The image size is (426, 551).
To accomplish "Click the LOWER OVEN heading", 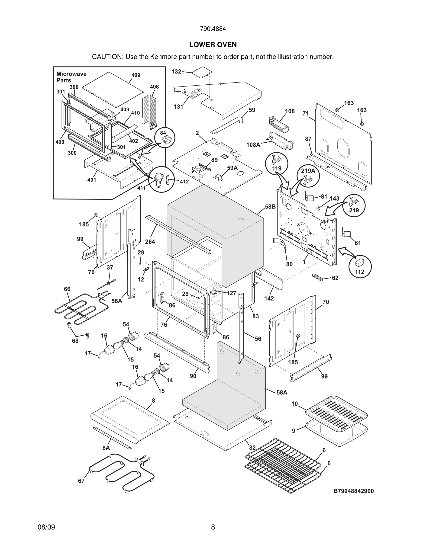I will coord(213,45).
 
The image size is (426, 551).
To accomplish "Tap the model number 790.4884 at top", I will coord(213,29).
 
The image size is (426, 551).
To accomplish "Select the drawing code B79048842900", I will coord(353,491).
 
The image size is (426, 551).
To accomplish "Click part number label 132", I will coord(176,72).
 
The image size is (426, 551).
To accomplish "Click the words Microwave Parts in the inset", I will coord(71,77).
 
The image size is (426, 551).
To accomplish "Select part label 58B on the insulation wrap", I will coord(270,207).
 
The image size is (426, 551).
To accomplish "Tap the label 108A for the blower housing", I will coord(253,144).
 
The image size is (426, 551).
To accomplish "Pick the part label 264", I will coord(150,242).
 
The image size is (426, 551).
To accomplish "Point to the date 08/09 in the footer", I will coord(46,527).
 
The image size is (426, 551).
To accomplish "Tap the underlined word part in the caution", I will coord(246,57).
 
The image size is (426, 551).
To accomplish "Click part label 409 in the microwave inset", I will coord(136,75).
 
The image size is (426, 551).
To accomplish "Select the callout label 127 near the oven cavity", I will coord(231,293).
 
